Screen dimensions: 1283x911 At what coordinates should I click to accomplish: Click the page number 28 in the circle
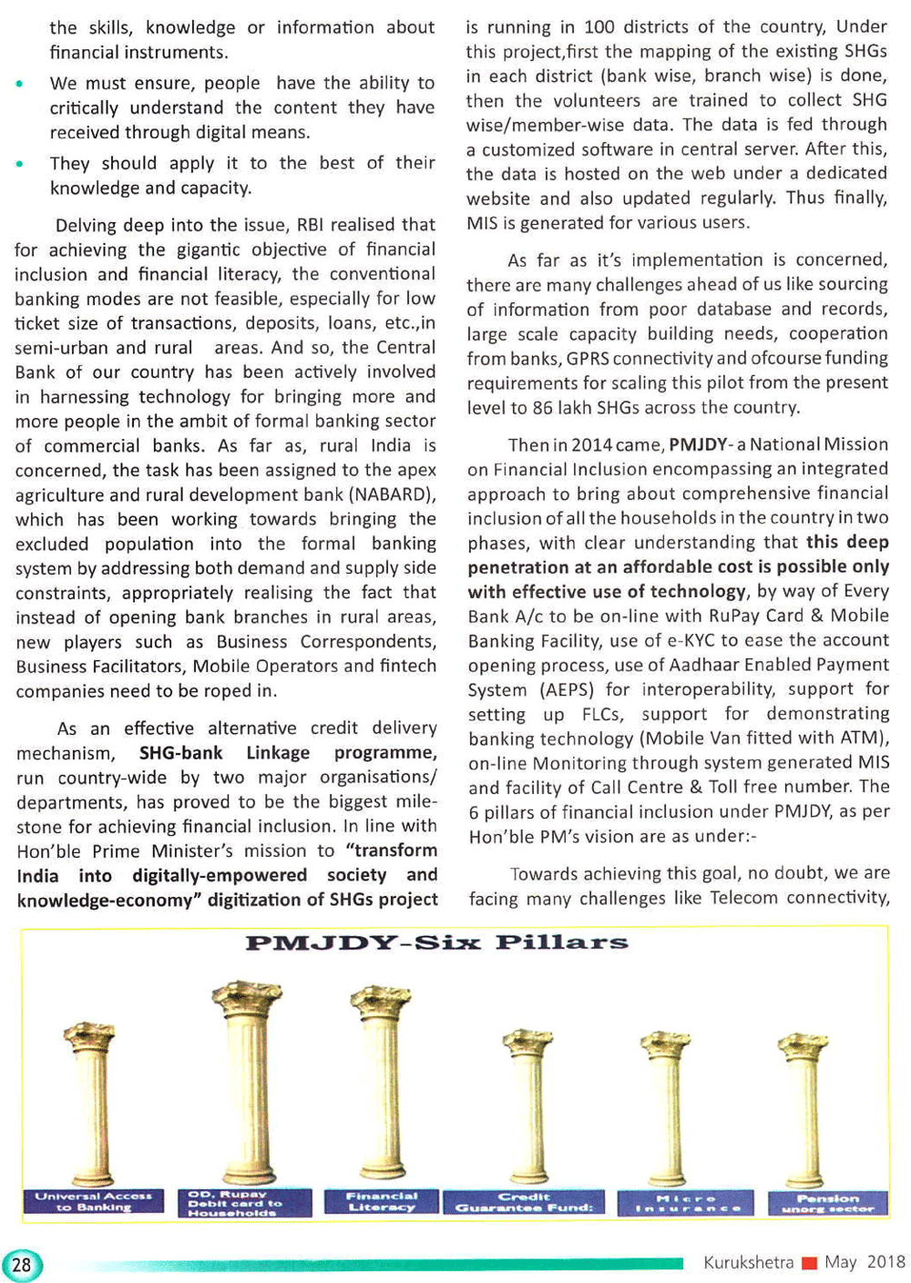pyautogui.click(x=22, y=1265)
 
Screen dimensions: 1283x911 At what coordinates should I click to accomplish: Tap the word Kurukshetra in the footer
pyautogui.click(x=748, y=1262)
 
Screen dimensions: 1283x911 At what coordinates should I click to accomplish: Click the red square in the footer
pyautogui.click(x=809, y=1263)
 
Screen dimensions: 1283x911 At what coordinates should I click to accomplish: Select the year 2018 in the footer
pyautogui.click(x=885, y=1261)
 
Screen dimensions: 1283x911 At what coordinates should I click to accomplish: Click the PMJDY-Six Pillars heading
pyautogui.click(x=436, y=942)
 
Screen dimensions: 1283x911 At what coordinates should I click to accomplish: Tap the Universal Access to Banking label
pyautogui.click(x=93, y=1201)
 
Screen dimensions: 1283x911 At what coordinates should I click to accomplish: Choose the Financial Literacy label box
pyautogui.click(x=381, y=1201)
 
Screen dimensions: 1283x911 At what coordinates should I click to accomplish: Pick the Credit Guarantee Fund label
pyautogui.click(x=524, y=1202)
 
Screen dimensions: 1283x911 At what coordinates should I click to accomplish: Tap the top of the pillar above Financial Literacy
pyautogui.click(x=381, y=1000)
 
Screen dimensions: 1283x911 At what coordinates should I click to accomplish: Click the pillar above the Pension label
pyautogui.click(x=804, y=1111)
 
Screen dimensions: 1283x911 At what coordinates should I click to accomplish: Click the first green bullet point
pyautogui.click(x=19, y=84)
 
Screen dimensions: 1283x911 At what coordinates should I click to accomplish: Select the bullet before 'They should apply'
pyautogui.click(x=19, y=164)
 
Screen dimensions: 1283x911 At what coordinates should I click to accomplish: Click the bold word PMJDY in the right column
pyautogui.click(x=698, y=444)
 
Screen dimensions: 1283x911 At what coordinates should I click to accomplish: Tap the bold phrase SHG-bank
pyautogui.click(x=180, y=753)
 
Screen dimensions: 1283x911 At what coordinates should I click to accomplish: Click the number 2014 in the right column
pyautogui.click(x=592, y=444)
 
